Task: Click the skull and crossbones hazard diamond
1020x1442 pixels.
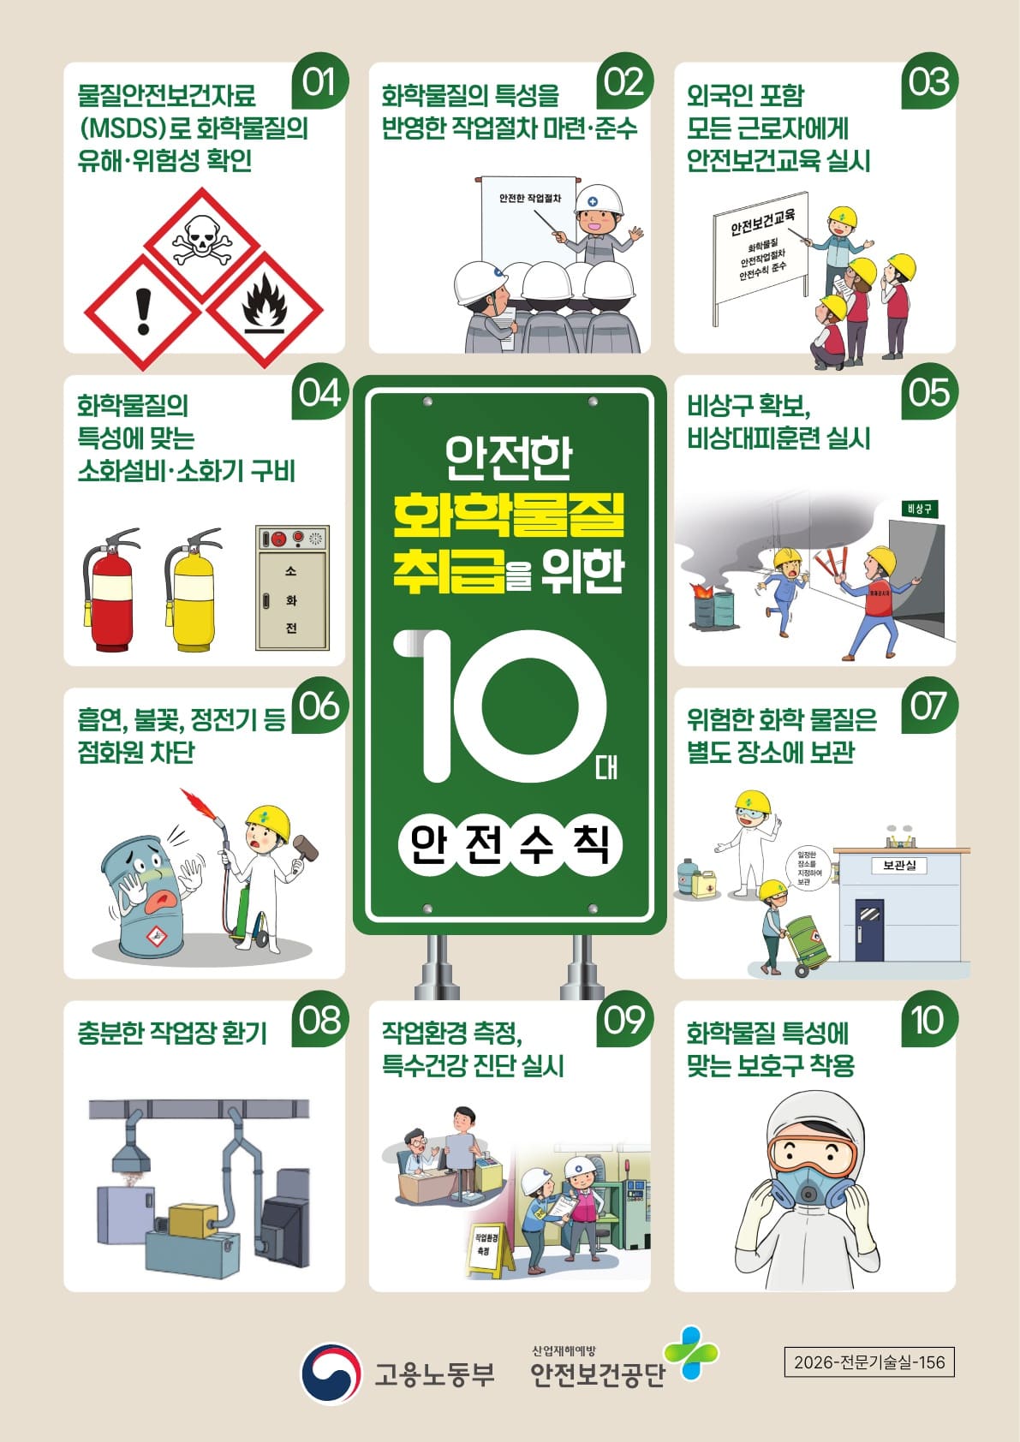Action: click(x=201, y=245)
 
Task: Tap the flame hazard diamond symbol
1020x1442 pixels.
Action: click(x=264, y=310)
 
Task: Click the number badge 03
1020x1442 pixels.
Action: click(x=929, y=81)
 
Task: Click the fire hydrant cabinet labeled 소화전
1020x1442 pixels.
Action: click(x=292, y=587)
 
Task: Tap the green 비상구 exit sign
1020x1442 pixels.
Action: click(x=919, y=509)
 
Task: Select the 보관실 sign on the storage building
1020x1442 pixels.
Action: click(x=899, y=865)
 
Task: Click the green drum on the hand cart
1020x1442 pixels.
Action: click(x=808, y=939)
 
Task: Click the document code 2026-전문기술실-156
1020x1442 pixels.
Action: click(x=869, y=1362)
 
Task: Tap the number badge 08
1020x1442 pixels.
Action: click(x=319, y=1020)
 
